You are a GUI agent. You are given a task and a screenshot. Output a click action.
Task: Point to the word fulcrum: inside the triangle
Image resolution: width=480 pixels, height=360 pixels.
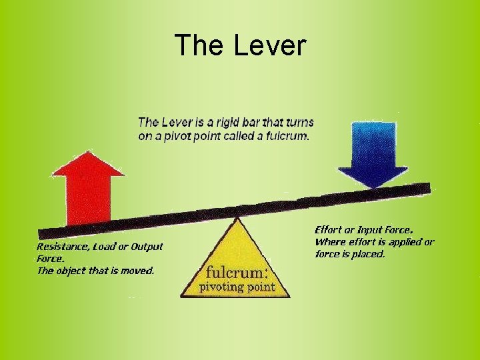[237, 273]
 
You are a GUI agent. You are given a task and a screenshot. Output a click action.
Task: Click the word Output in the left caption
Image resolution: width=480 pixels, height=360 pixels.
[147, 247]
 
